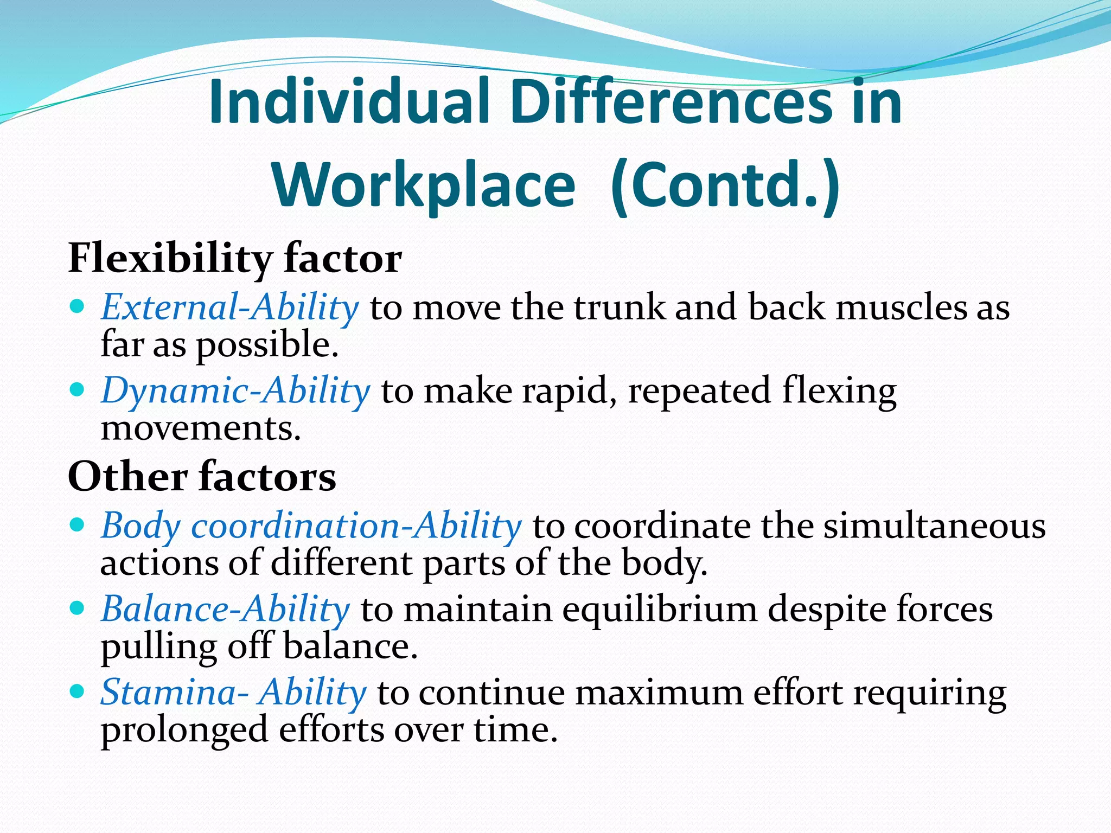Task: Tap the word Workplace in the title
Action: (424, 185)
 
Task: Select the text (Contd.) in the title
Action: (725, 185)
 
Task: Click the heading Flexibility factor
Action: (235, 259)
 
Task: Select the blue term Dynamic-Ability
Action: (235, 391)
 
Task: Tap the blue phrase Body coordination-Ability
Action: (311, 526)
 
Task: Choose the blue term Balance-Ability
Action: (226, 609)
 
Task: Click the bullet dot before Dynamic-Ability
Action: (78, 389)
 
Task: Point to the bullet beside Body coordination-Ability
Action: (78, 524)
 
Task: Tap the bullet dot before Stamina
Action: (78, 691)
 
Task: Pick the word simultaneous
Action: (934, 526)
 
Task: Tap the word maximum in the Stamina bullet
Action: (659, 693)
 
